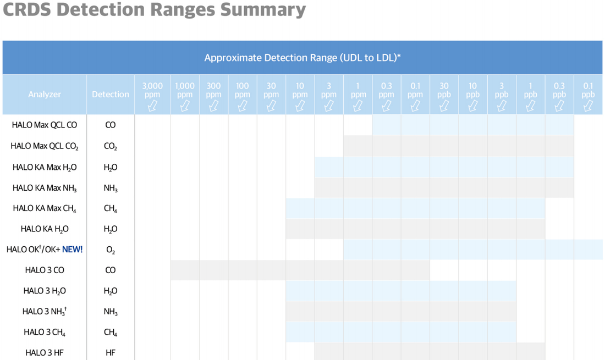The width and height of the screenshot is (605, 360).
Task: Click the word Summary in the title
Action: [x=263, y=9]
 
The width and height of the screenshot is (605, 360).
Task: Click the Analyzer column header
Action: [x=45, y=95]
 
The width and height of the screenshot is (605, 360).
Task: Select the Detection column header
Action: [x=111, y=95]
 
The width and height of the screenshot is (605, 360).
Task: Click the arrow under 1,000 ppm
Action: [x=185, y=106]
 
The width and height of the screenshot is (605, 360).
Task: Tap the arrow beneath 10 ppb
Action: [x=472, y=106]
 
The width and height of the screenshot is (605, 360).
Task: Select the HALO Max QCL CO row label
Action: [x=45, y=125]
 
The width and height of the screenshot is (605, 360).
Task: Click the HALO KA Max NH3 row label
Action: [x=45, y=188]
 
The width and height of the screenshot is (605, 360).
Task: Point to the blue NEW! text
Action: [x=72, y=250]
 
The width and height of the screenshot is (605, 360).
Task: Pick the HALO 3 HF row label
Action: [x=45, y=353]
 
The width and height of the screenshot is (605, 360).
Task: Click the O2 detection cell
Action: [x=111, y=250]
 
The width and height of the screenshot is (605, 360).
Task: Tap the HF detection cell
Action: [x=111, y=353]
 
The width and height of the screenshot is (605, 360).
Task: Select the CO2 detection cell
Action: [x=111, y=146]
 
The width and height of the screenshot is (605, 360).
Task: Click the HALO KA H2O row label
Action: [x=45, y=229]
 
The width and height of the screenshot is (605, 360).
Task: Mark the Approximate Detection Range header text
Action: [x=302, y=58]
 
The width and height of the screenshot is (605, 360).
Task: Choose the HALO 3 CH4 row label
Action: [x=45, y=333]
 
